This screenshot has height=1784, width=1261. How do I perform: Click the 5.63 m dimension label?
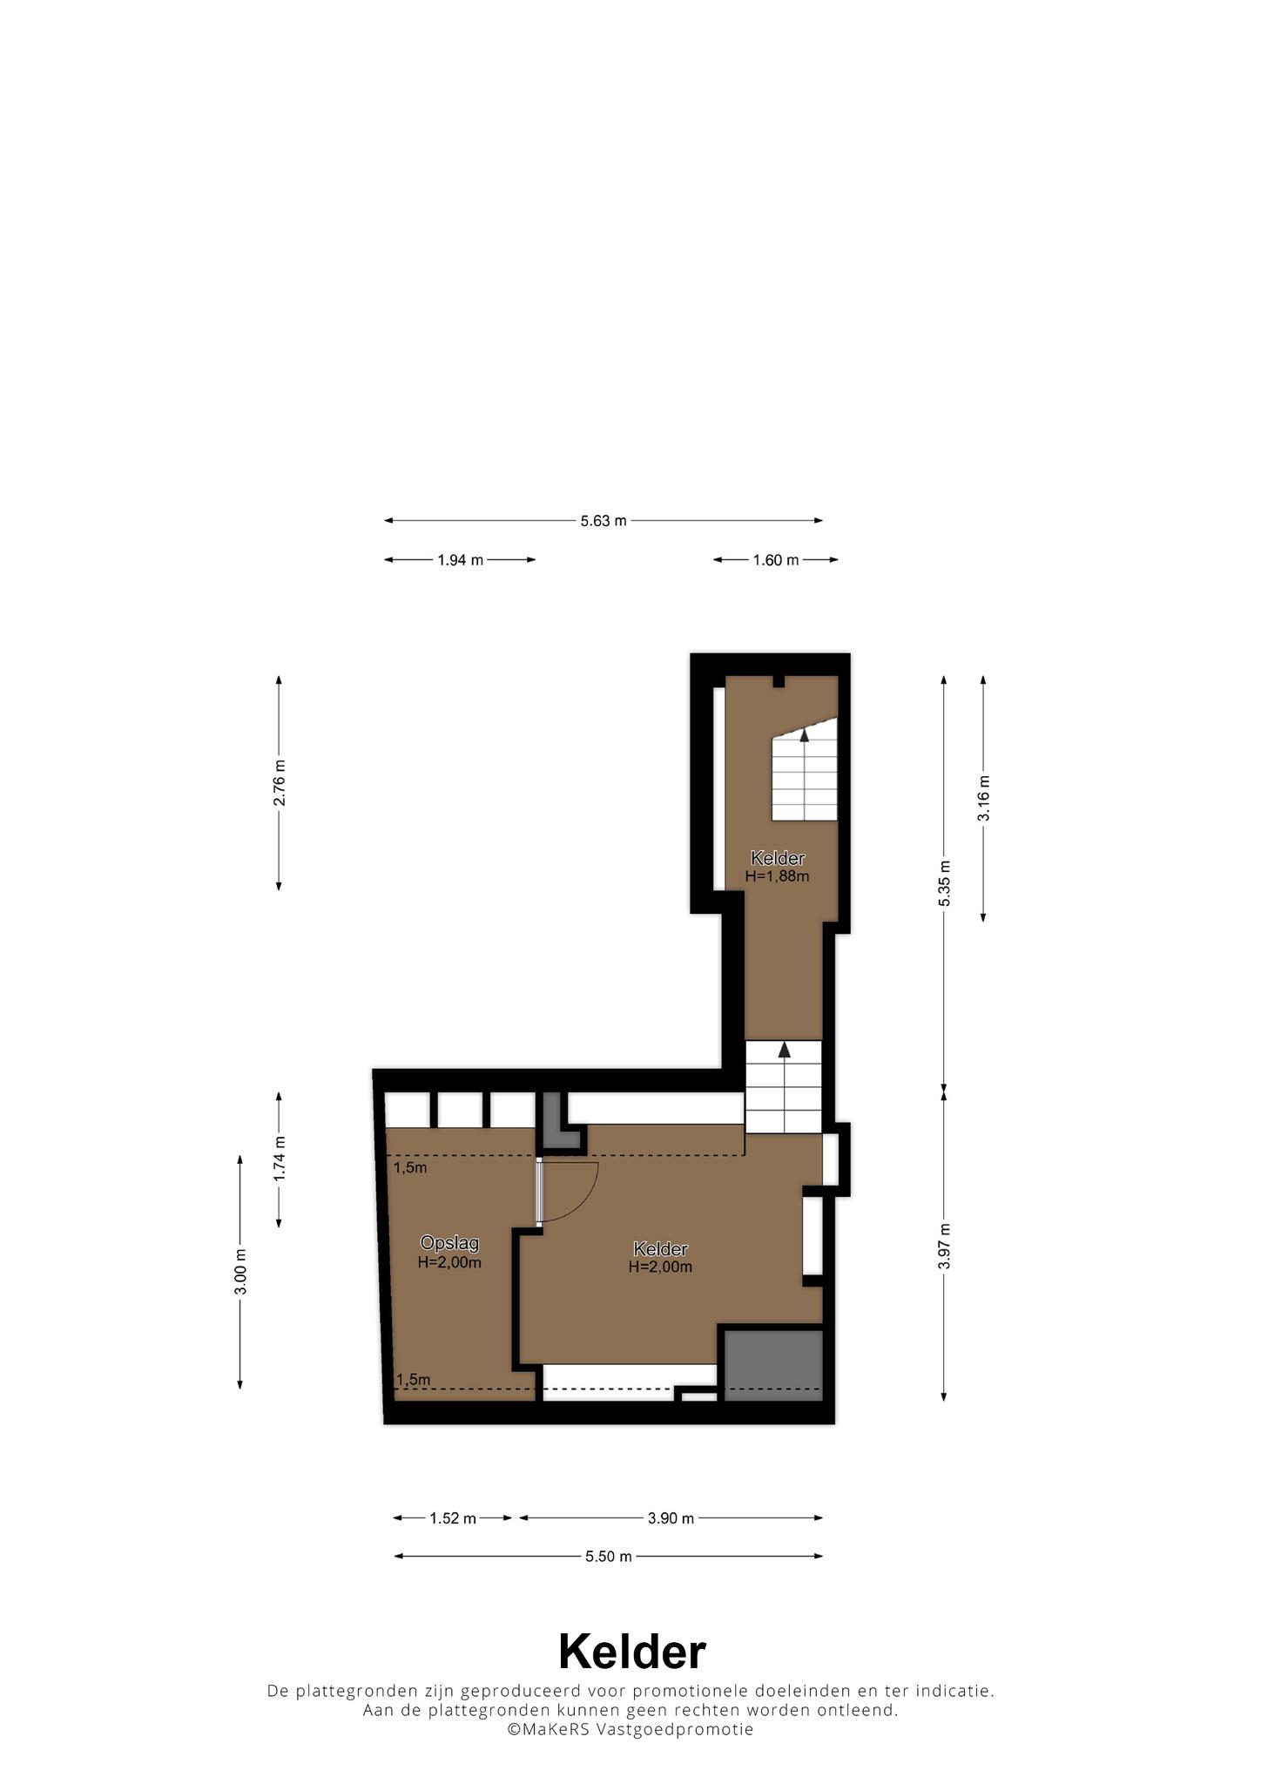click(604, 521)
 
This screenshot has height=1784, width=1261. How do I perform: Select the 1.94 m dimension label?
click(460, 560)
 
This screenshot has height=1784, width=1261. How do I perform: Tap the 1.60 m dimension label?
click(775, 560)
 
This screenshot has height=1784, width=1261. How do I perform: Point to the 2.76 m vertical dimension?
click(279, 783)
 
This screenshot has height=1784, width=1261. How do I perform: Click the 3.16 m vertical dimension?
click(983, 798)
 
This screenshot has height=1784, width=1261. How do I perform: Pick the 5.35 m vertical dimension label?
click(944, 882)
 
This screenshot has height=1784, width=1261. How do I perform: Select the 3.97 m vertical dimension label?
click(944, 1247)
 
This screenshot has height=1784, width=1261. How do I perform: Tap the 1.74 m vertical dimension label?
click(279, 1159)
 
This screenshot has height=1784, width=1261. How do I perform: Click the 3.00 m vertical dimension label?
click(240, 1272)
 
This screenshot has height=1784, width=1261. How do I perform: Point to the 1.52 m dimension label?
click(453, 1518)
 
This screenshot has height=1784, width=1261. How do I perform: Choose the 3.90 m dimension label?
click(671, 1518)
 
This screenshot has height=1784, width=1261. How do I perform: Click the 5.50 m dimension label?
click(608, 1557)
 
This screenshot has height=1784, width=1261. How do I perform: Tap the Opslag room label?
click(449, 1243)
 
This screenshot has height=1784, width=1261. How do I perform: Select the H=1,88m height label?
click(778, 876)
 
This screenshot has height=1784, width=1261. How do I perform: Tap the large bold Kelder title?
click(631, 1651)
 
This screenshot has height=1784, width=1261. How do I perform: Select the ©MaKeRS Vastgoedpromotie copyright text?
click(630, 1729)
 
